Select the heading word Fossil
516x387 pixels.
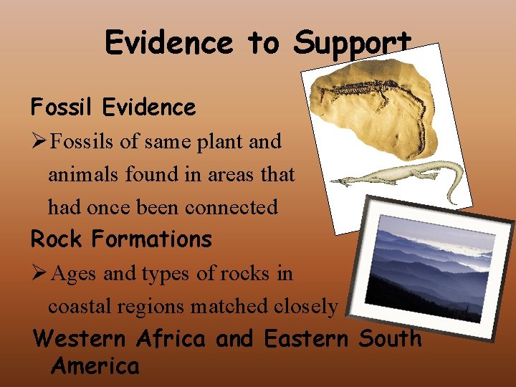click(x=62, y=107)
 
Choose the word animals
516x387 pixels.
click(x=82, y=174)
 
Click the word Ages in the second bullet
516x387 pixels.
click(x=75, y=273)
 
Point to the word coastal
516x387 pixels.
click(x=83, y=306)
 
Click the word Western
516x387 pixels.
click(x=80, y=338)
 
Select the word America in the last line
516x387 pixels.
click(x=95, y=366)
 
